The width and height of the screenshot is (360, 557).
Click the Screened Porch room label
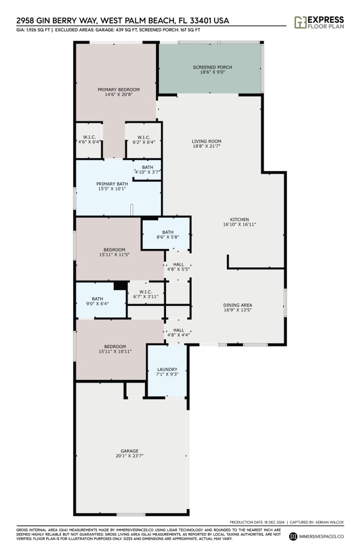[x=212, y=67]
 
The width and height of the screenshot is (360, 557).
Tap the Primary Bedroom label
[x=119, y=89]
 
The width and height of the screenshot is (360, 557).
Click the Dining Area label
[x=238, y=305]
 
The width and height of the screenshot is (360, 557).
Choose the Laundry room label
[x=167, y=369]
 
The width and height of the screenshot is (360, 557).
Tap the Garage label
[x=129, y=451]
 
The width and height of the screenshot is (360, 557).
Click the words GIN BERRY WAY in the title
[x=67, y=20]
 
